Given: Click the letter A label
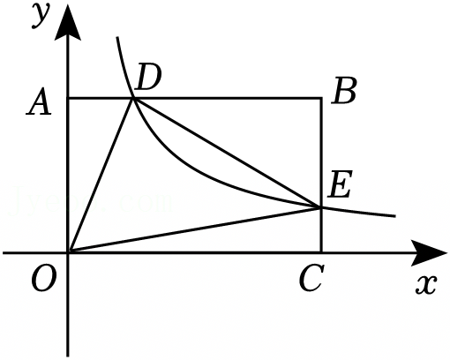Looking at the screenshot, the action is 39,101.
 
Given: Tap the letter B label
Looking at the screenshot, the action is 344,91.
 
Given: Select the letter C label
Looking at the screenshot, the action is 311,277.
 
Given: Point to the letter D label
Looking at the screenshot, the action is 149,77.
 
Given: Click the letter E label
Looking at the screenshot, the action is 340,184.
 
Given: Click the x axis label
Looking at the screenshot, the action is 425,285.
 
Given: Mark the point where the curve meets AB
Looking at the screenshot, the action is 133,98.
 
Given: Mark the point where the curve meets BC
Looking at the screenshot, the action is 321,207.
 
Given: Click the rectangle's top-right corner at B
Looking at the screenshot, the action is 321,98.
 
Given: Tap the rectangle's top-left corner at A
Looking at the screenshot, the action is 68,98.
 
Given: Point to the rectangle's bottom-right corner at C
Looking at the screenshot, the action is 321,252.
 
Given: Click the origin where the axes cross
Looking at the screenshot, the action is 68,252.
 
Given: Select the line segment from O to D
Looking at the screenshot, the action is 101,176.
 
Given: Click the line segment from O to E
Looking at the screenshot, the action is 195,230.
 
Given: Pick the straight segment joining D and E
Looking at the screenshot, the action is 227,153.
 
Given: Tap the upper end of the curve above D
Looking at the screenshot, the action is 117,37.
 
